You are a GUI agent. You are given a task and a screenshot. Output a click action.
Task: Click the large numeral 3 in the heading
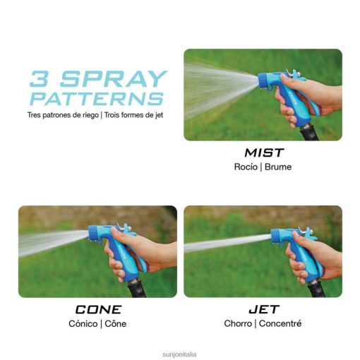click(x=39, y=78)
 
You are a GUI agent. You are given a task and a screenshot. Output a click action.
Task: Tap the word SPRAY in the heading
click(x=114, y=78)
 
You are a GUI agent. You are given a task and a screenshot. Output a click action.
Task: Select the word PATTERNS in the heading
click(x=97, y=99)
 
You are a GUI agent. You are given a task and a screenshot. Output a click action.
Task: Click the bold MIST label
click(x=264, y=152)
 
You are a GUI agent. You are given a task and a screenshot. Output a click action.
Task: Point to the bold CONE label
click(x=98, y=309)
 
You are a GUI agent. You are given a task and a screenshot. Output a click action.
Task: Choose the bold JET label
click(x=264, y=309)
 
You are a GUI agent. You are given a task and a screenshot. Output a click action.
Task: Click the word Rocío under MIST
click(x=246, y=167)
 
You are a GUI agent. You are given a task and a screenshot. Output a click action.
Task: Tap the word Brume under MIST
click(x=278, y=167)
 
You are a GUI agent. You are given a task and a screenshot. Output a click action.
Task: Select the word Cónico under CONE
click(x=83, y=323)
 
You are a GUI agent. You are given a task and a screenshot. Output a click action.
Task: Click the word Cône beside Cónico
click(x=116, y=323)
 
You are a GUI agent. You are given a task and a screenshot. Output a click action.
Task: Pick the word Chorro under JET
click(x=238, y=323)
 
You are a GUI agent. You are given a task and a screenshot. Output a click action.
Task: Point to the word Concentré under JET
click(x=280, y=323)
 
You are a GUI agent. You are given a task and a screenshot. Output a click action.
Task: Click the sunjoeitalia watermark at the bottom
click(x=179, y=354)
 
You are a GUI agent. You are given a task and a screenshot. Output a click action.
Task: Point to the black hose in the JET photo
click(x=316, y=291)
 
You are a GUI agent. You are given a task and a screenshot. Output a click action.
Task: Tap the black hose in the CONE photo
click(x=137, y=290)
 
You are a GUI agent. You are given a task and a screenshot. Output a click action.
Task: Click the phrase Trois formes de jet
click(x=133, y=115)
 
